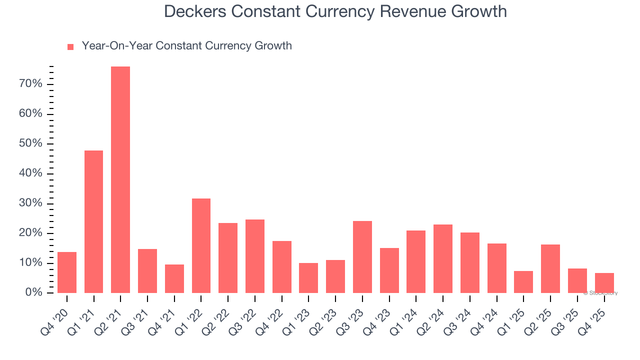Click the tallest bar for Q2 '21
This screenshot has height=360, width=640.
[120, 180]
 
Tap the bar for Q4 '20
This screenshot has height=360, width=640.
[67, 272]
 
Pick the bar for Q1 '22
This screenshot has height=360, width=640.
[201, 245]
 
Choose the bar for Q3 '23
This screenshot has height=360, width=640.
[362, 257]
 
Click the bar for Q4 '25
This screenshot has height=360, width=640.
[604, 283]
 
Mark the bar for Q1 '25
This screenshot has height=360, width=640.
[523, 282]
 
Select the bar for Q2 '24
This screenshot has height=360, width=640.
[443, 258]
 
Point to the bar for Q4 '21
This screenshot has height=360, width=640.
[174, 278]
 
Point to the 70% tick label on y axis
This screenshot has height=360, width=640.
[30, 84]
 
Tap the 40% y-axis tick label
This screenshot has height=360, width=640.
[30, 173]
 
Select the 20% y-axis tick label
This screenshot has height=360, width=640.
[30, 233]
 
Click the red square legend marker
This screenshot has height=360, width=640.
[70, 46]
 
